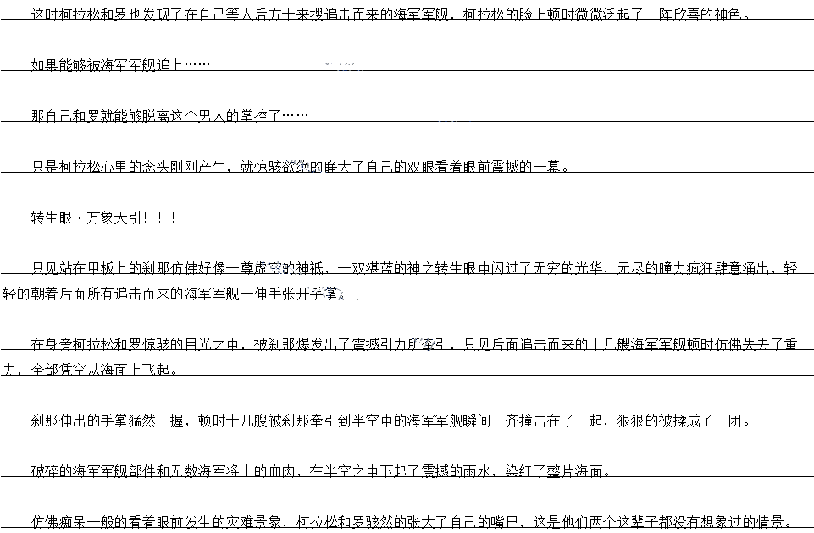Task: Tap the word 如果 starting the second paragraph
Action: coord(45,65)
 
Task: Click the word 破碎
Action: coord(45,471)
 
